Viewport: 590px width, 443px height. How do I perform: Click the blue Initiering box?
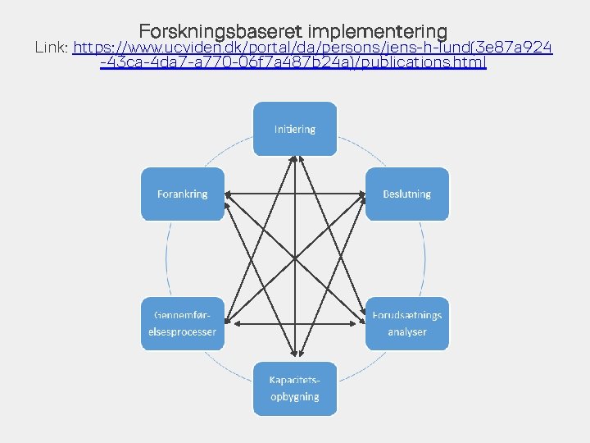pos(294,129)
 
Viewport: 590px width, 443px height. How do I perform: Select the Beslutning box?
pos(406,194)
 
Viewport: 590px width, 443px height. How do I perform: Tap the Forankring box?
pos(183,194)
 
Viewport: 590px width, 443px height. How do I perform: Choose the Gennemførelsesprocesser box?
pos(184,323)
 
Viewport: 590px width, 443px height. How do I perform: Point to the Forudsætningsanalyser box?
pos(406,323)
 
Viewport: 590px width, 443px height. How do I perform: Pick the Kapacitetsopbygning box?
pos(294,388)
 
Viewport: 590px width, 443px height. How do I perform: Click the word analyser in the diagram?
pos(407,331)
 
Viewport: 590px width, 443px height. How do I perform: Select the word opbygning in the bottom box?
pos(294,396)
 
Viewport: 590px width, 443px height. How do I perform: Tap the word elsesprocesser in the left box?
pos(184,331)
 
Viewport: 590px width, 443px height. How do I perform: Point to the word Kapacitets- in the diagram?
pos(294,379)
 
